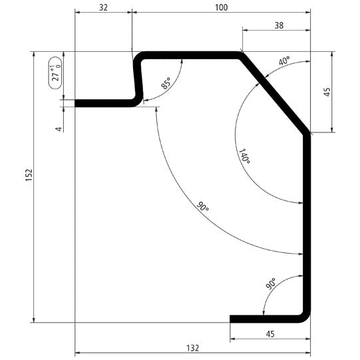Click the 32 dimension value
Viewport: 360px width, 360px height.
(x=103, y=8)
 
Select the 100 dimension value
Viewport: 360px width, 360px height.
(x=221, y=8)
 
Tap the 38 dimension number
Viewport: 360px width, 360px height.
(x=278, y=25)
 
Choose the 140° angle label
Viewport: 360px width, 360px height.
(x=244, y=157)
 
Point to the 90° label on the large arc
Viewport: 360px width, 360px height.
(x=203, y=208)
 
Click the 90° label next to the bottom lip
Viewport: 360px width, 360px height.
(x=271, y=285)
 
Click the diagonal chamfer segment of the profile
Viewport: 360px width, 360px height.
(x=274, y=93)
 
